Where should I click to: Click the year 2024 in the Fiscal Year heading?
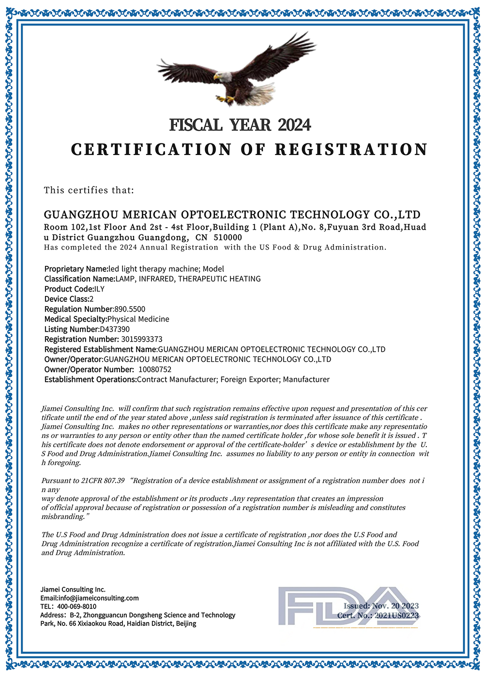tap(294, 125)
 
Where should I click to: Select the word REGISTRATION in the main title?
tap(351, 149)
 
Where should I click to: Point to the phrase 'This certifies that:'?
tap(89, 190)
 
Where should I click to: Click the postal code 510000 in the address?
tap(226, 237)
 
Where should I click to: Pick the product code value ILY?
tap(99, 289)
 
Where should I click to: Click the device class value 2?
tap(91, 299)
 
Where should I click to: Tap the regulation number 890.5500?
tap(129, 309)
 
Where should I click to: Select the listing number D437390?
tap(115, 329)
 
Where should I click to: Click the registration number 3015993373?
tap(142, 339)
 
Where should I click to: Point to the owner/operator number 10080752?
tap(155, 369)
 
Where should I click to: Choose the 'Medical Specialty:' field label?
tap(76, 319)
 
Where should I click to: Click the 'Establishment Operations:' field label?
tap(91, 379)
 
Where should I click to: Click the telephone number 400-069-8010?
tap(76, 607)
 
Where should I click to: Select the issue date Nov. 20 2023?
tap(395, 606)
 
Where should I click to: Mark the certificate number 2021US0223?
tap(396, 615)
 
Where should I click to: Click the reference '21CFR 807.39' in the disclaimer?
tap(103, 481)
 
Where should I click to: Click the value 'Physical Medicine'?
tap(138, 319)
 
